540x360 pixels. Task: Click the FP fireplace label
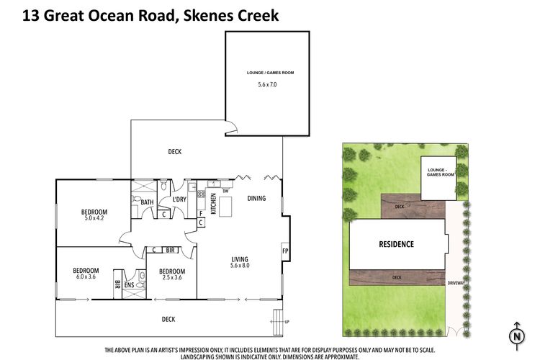[x=285, y=251]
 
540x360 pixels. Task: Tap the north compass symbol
[x=516, y=336]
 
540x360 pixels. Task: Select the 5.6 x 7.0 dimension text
[x=267, y=84]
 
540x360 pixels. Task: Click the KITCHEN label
[x=213, y=204]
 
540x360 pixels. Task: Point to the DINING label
[x=256, y=198]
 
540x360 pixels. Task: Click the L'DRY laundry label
[x=179, y=199]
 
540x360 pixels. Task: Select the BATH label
[x=147, y=202]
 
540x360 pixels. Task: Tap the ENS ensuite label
[x=129, y=285]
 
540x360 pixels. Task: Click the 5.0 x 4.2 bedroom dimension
[x=94, y=218]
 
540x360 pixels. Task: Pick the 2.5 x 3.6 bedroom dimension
[x=172, y=277]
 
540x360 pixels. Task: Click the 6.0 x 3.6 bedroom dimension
[x=86, y=276]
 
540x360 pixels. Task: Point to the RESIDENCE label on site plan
[x=397, y=244]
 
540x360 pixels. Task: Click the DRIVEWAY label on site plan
[x=456, y=283]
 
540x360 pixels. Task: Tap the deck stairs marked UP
[x=278, y=323]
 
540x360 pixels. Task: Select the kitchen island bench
[x=225, y=207]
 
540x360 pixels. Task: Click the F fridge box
[x=201, y=214]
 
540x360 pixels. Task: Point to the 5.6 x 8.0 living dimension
[x=240, y=266]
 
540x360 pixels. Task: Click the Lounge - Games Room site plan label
[x=440, y=172]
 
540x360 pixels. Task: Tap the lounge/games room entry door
[x=231, y=127]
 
